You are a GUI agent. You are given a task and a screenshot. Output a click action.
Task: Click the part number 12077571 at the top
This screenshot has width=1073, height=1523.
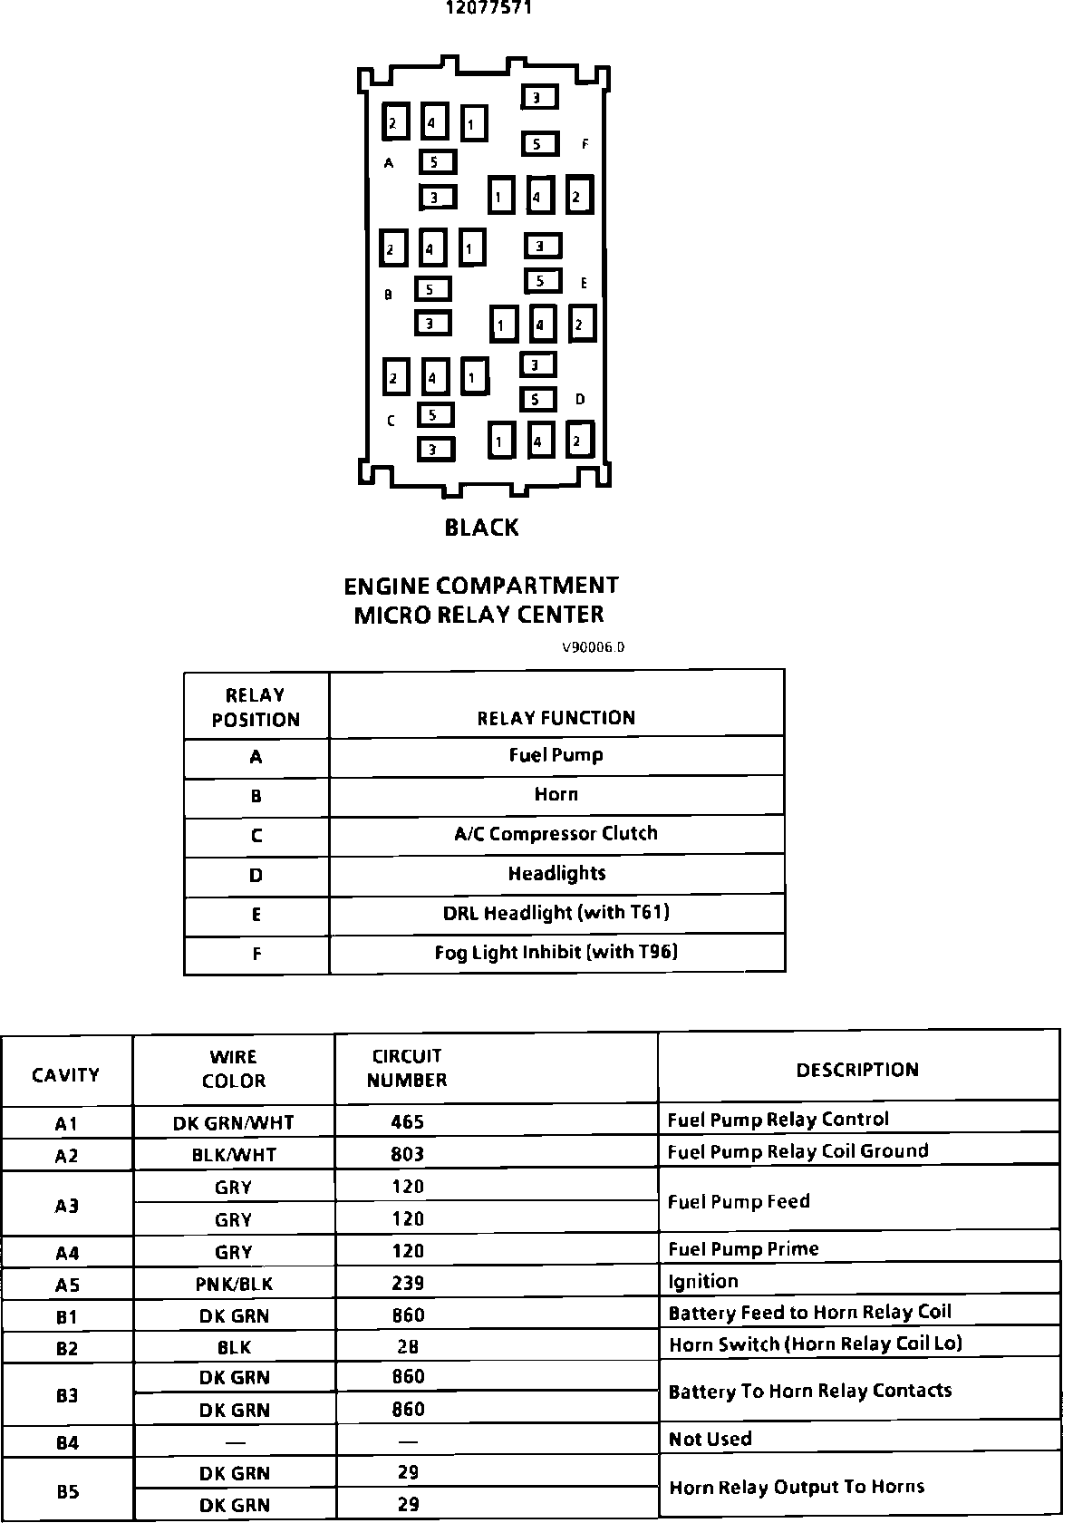[488, 8]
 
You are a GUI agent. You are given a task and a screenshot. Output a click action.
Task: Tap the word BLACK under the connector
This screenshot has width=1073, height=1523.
[481, 528]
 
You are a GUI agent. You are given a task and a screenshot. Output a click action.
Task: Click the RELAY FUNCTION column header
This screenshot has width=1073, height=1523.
[556, 718]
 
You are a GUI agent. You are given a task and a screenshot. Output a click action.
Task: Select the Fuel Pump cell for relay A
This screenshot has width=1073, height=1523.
[556, 755]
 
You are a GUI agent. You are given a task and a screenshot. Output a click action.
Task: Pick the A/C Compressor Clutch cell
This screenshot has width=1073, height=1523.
[556, 834]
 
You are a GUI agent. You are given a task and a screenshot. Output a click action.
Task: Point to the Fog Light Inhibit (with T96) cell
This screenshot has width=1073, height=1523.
[556, 952]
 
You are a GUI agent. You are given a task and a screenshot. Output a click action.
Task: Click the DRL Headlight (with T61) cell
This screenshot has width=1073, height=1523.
[556, 913]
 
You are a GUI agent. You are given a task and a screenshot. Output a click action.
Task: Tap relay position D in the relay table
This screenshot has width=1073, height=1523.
[256, 876]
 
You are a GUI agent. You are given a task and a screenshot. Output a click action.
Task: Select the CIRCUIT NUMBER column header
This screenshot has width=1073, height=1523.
[407, 1068]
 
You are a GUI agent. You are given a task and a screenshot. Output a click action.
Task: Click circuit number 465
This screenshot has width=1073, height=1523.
[407, 1122]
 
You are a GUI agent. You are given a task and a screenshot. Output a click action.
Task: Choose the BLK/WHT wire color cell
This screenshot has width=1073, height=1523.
[234, 1155]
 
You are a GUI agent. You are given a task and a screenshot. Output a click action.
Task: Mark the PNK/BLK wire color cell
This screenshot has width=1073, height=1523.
[234, 1285]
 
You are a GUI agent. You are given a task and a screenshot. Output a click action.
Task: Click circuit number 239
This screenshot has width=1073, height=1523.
[407, 1284]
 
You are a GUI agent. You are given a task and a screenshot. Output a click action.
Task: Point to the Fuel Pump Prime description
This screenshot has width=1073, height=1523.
[743, 1249]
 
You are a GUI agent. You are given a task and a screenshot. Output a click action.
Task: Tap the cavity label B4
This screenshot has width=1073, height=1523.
[67, 1442]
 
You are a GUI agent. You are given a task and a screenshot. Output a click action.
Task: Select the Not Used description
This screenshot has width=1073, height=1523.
[710, 1439]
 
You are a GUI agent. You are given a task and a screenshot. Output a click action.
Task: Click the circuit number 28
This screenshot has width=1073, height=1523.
[407, 1347]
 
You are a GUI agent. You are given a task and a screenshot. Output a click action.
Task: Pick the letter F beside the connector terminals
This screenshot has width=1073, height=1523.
[585, 144]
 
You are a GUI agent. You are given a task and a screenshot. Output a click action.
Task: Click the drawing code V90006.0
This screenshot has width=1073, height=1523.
[593, 647]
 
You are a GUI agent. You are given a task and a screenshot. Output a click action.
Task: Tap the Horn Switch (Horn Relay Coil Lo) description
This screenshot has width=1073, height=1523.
[816, 1344]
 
